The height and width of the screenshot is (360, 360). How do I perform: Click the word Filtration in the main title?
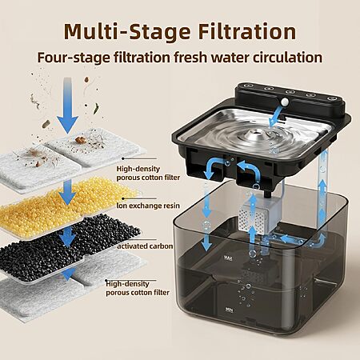(247, 32)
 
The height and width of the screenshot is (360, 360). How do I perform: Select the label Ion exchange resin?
(148, 206)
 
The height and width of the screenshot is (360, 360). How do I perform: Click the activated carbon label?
(145, 246)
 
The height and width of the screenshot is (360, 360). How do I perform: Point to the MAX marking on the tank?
(228, 258)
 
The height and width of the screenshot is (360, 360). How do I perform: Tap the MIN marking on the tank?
(229, 310)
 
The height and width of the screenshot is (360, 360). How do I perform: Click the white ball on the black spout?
(285, 101)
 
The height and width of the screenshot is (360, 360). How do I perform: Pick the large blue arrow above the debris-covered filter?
(68, 105)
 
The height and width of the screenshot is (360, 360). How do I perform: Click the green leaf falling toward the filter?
(96, 109)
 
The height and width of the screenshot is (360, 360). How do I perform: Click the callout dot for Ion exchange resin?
(123, 198)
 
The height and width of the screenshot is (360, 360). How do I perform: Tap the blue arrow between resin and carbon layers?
(68, 236)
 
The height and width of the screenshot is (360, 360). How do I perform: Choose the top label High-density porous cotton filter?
(148, 173)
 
